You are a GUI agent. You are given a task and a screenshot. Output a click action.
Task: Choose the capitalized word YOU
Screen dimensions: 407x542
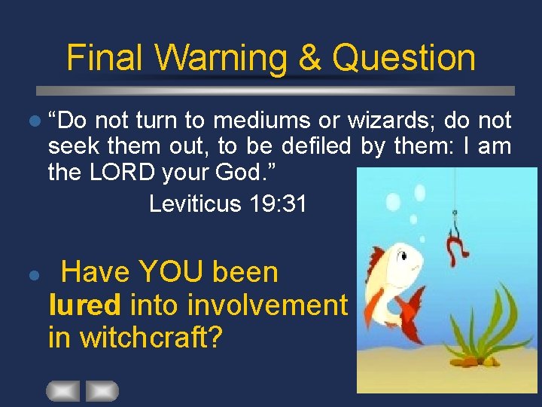(176, 272)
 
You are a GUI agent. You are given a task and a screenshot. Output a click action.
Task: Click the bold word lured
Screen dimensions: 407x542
(84, 305)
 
